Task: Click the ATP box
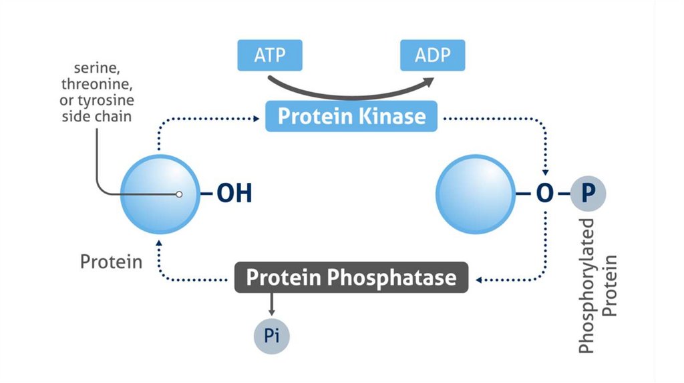click(269, 55)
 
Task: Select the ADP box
click(432, 55)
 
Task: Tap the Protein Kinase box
click(351, 116)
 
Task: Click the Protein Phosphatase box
click(351, 277)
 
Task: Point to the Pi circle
click(271, 335)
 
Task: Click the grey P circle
click(588, 194)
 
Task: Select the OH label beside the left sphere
click(234, 195)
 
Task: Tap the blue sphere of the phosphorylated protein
click(474, 194)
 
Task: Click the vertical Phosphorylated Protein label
click(596, 285)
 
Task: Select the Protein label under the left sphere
click(111, 261)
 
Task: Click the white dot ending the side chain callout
click(178, 195)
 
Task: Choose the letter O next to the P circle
click(544, 194)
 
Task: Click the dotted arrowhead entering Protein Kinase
click(256, 119)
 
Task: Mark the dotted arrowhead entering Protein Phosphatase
click(476, 278)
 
